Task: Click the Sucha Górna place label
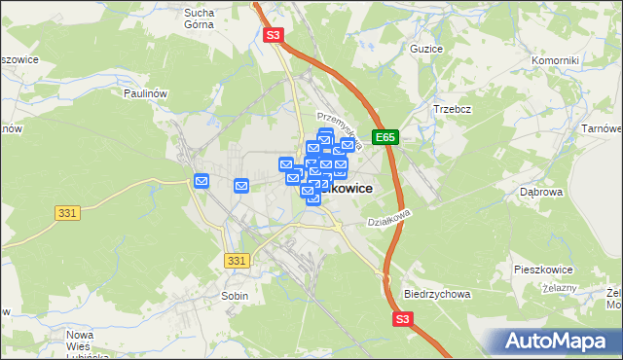tap(200, 19)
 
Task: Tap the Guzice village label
tap(426, 49)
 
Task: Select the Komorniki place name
tap(556, 60)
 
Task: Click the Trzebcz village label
tap(453, 109)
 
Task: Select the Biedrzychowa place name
tap(436, 293)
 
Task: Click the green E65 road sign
tap(386, 138)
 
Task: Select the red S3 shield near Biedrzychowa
tap(403, 318)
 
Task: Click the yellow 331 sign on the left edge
tap(66, 212)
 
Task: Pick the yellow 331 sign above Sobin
tap(237, 260)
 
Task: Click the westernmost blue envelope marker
tap(202, 180)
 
